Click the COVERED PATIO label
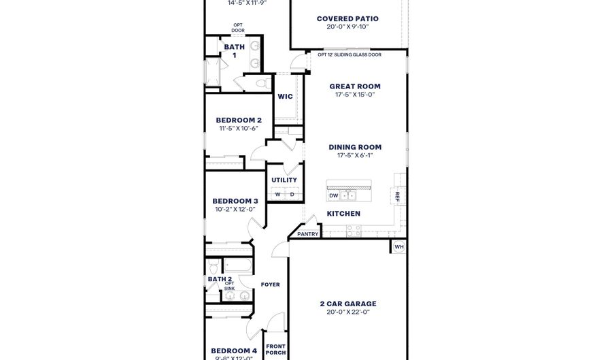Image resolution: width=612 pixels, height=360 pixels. tap(347, 18)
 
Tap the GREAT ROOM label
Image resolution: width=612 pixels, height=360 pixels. tap(355, 86)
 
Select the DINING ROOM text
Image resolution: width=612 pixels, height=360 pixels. tap(355, 147)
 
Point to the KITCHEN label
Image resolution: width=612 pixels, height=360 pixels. tap(343, 214)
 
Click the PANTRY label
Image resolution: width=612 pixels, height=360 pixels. tap(307, 234)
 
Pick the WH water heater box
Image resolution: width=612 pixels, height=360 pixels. tap(399, 246)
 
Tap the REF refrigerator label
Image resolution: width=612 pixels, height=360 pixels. tap(398, 196)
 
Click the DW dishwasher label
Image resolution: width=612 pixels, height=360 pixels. tap(334, 195)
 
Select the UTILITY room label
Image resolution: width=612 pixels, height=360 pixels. tap(284, 180)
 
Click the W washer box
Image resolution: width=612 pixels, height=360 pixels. tap(277, 195)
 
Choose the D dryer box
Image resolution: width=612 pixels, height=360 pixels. tap(292, 195)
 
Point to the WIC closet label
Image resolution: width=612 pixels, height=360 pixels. tap(285, 97)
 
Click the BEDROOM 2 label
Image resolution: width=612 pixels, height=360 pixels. tap(239, 120)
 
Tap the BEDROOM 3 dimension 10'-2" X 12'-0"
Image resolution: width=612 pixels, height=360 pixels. tap(235, 209)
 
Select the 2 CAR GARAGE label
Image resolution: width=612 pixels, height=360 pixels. tap(347, 304)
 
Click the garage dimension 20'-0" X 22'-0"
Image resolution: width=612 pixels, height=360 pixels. tap(347, 313)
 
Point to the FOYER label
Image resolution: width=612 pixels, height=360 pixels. tap(270, 284)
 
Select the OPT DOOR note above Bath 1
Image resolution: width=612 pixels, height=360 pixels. tap(237, 28)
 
